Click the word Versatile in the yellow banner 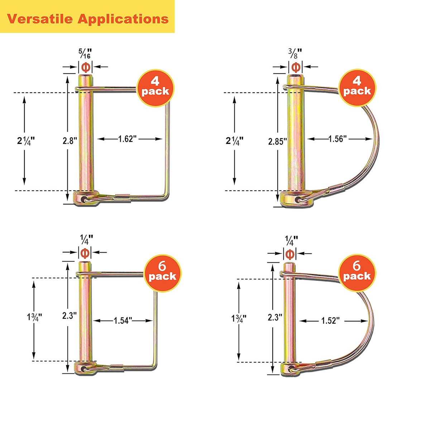click(x=40, y=19)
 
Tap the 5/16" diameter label click(x=85, y=53)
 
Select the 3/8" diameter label click(x=295, y=53)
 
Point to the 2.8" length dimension click(x=70, y=140)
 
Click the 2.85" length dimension click(x=277, y=142)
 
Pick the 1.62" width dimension click(x=127, y=139)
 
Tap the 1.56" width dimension click(x=338, y=139)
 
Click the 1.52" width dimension click(x=330, y=321)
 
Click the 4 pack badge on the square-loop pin click(x=155, y=88)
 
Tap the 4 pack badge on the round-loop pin click(x=357, y=87)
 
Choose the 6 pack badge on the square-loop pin click(x=162, y=273)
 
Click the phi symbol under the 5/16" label click(x=86, y=67)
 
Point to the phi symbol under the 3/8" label click(x=296, y=67)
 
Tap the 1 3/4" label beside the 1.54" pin click(x=34, y=317)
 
